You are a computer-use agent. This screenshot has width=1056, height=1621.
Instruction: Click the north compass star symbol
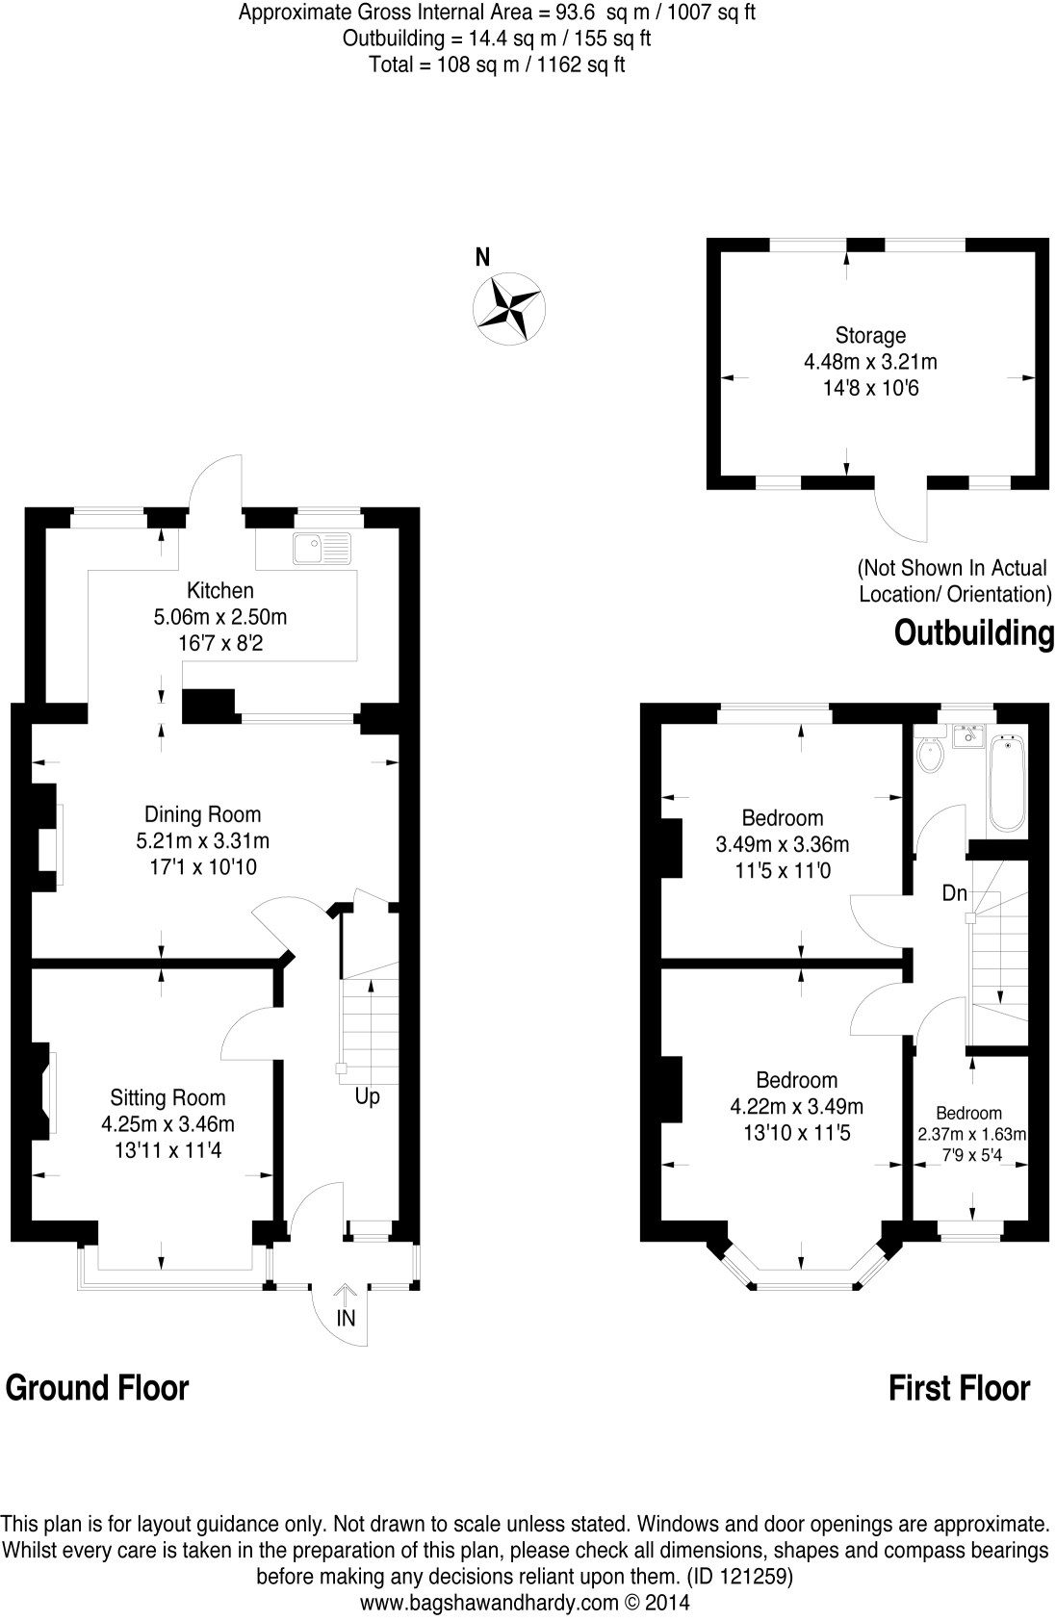click(509, 308)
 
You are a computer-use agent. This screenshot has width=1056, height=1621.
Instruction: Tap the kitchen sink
click(323, 550)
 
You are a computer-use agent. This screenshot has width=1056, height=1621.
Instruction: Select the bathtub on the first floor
click(1007, 784)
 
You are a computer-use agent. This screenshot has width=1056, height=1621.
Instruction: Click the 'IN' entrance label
click(346, 1319)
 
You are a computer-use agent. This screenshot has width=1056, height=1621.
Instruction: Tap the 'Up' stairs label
click(368, 1096)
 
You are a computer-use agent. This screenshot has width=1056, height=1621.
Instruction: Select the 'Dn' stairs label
click(954, 893)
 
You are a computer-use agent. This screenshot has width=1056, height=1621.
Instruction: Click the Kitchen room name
click(220, 590)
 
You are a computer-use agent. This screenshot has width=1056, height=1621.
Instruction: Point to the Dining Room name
click(202, 814)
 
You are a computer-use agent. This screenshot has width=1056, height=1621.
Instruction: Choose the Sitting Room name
click(167, 1097)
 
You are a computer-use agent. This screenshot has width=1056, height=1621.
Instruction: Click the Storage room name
click(870, 336)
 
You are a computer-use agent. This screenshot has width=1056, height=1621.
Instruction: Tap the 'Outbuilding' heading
click(974, 633)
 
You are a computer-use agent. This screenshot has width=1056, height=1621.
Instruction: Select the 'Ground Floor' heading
click(97, 1387)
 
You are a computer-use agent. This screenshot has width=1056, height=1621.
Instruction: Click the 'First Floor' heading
click(959, 1388)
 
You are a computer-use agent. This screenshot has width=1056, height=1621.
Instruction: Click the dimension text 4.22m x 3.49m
click(797, 1106)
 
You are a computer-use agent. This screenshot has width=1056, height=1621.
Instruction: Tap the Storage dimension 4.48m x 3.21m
click(870, 362)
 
